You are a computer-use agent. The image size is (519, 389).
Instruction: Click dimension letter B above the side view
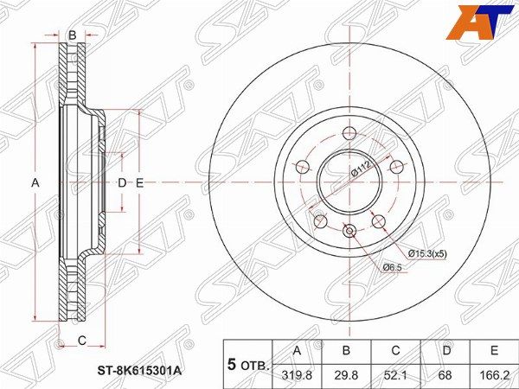click(73, 35)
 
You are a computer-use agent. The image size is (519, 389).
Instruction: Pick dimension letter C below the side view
click(82, 340)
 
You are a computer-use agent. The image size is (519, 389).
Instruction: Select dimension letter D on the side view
click(122, 182)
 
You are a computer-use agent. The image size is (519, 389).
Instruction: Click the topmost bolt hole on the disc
click(349, 133)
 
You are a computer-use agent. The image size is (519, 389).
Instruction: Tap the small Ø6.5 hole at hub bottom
click(349, 231)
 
